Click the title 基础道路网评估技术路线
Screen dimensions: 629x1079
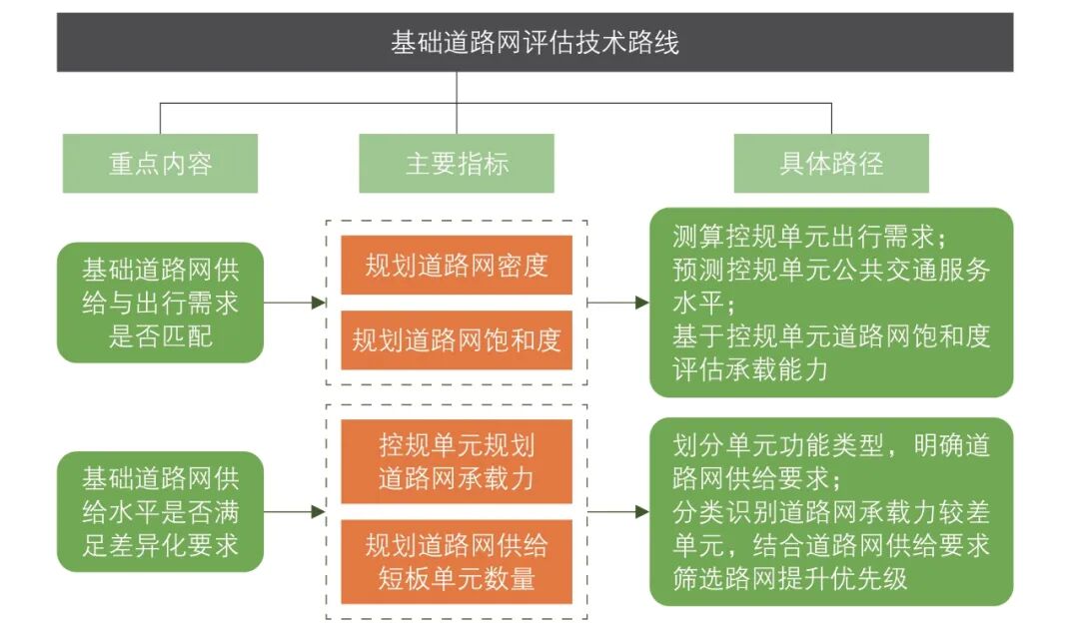(x=535, y=43)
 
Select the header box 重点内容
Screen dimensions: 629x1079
(x=160, y=164)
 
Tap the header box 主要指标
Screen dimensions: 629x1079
(x=457, y=164)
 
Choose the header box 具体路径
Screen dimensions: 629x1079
(x=831, y=164)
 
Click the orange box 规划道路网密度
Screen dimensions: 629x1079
(x=457, y=266)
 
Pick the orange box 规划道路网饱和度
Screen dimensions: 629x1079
(x=457, y=339)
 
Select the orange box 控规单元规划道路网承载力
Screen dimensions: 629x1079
(x=457, y=460)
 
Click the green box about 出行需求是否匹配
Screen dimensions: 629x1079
(x=160, y=303)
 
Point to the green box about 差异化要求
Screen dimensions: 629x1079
(x=160, y=511)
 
